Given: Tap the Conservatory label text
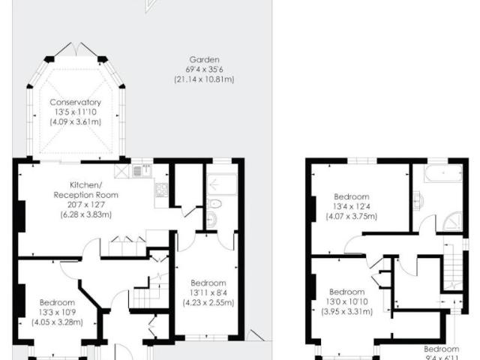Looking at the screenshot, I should coord(75,103).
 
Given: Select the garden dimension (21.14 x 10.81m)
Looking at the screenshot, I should coord(203,78).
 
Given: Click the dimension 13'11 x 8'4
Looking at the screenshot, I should coord(208,292).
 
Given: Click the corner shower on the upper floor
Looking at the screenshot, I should coord(454,222).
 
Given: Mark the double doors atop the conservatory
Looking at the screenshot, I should coord(73,49).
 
